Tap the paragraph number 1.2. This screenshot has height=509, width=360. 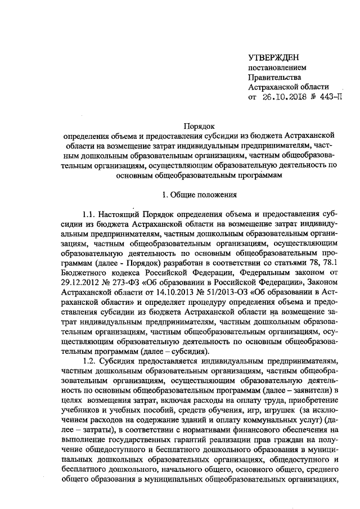pyautogui.click(x=90, y=360)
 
